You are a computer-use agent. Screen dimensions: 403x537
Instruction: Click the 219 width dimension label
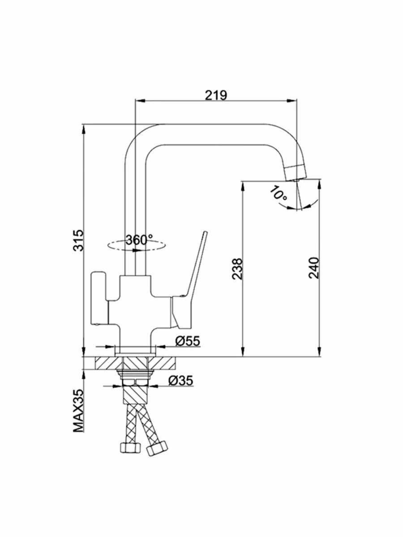(216, 94)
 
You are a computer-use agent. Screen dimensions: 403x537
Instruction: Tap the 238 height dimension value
(238, 268)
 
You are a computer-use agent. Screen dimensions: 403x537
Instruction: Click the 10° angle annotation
(279, 193)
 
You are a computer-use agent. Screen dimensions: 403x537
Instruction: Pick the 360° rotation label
(139, 240)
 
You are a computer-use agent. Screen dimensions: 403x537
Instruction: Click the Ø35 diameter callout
(180, 380)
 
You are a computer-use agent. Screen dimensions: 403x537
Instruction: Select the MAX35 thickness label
(79, 411)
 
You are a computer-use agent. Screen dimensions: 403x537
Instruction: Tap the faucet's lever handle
(196, 268)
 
